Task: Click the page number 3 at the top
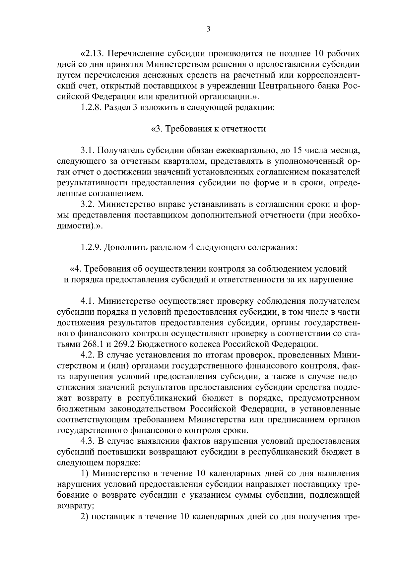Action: [x=208, y=29]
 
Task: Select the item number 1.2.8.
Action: [x=91, y=108]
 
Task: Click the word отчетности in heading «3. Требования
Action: [x=245, y=129]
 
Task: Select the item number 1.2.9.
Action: [x=91, y=248]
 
